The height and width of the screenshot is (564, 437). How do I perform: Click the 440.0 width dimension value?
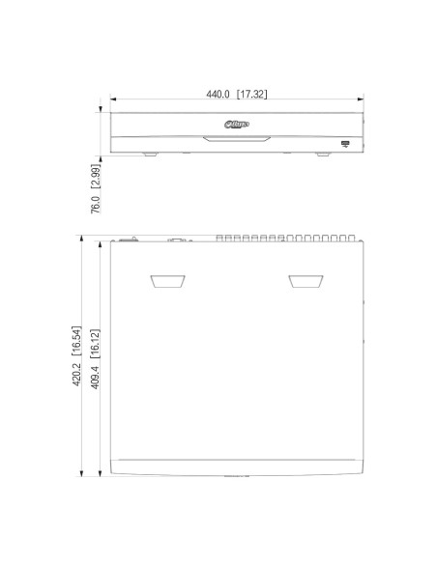218,95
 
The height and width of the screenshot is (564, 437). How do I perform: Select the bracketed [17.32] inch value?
252,95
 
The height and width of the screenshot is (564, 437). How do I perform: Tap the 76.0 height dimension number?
96,204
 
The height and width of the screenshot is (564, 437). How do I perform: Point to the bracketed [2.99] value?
96,176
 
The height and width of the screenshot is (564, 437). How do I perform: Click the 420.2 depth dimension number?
76,374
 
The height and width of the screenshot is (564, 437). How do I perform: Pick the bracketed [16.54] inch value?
76,341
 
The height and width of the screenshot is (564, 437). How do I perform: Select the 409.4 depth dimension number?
95,377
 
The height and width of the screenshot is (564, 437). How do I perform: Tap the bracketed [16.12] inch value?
95,344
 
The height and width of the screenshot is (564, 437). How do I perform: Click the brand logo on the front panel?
237,125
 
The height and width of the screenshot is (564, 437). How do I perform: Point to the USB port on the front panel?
345,144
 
